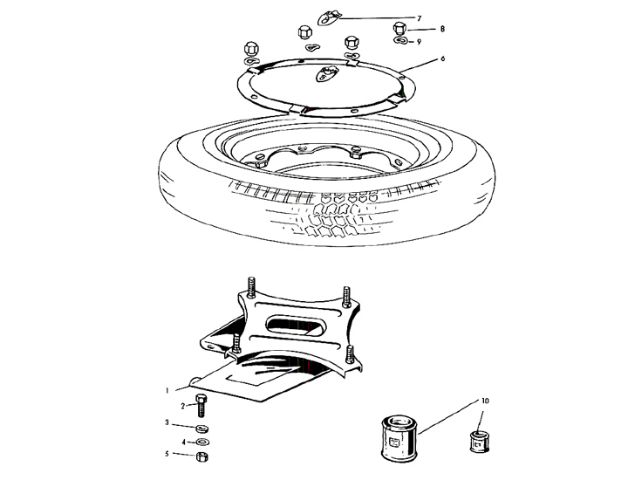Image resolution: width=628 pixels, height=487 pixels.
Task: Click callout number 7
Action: tap(420, 18)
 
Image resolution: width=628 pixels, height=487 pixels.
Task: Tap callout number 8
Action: tap(442, 29)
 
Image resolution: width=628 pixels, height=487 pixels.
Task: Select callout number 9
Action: tap(419, 42)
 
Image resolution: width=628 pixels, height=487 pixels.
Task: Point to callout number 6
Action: tap(442, 59)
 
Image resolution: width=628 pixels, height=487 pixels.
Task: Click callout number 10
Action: tap(485, 401)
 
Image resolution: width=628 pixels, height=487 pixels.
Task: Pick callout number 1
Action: tap(167, 390)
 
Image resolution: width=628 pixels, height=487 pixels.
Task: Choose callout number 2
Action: tap(182, 406)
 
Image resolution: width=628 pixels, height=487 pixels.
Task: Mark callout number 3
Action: tap(167, 423)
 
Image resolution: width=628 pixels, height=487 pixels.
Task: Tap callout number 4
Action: tap(183, 442)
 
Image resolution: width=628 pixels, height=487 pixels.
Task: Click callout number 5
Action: tap(167, 454)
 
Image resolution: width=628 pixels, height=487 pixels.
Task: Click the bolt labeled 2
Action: tap(201, 405)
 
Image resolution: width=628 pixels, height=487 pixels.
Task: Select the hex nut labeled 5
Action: tap(202, 456)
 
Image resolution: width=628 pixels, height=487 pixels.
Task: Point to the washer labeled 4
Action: tap(203, 442)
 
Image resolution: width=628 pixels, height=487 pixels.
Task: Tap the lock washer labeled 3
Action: tap(201, 429)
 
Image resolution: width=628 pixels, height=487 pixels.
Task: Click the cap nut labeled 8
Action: tap(400, 29)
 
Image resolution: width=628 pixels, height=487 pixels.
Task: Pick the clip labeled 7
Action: tap(329, 18)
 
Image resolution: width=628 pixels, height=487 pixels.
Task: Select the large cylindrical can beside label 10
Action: tap(399, 438)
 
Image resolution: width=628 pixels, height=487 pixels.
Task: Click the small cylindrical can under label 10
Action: tap(479, 442)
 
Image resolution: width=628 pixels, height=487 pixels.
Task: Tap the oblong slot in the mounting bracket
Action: tap(296, 325)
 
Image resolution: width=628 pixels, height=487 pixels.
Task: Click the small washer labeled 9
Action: tap(400, 40)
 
